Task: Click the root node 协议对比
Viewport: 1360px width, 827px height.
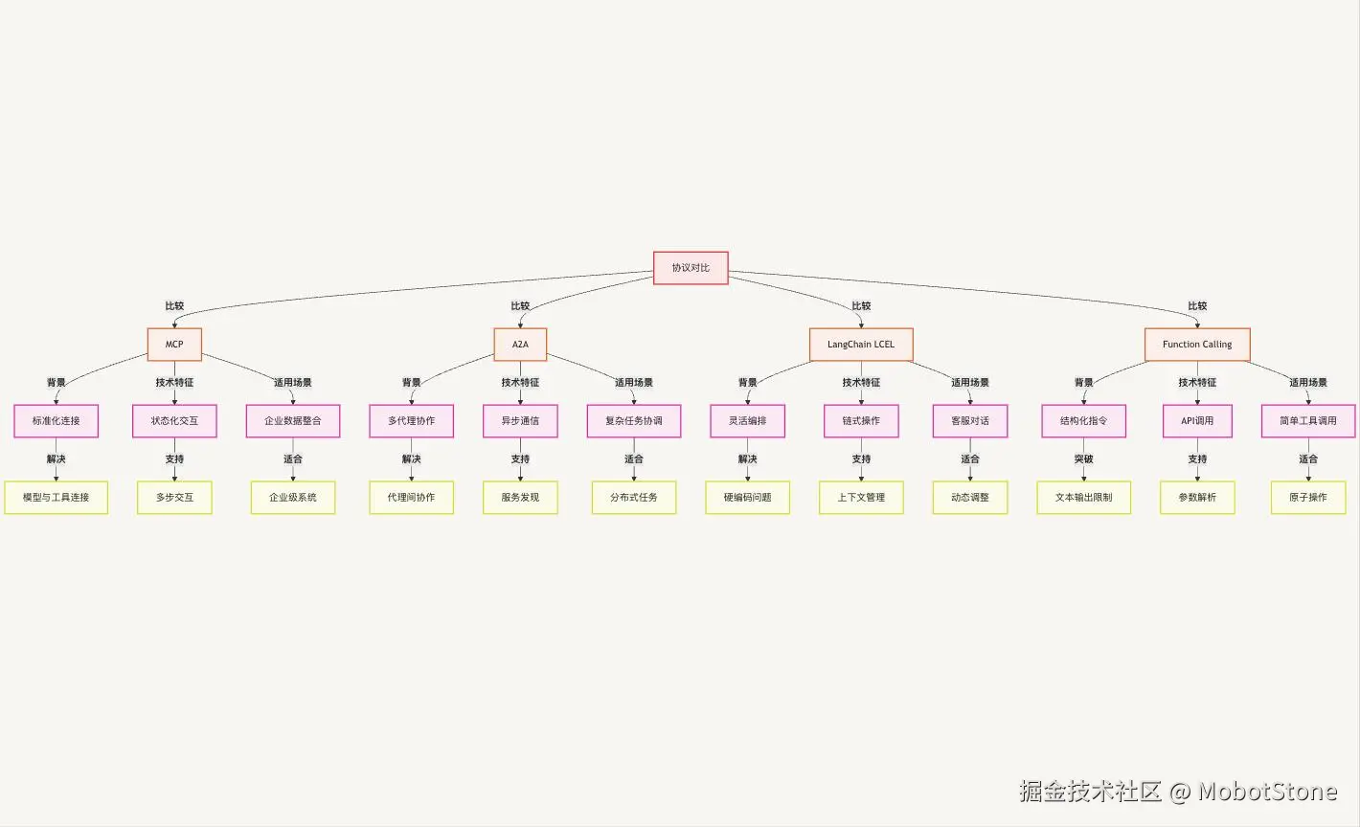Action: pos(691,268)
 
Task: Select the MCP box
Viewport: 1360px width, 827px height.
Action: pos(174,345)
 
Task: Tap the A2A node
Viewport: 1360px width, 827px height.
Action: pos(520,345)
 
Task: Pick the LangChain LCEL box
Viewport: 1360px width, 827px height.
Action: pos(861,345)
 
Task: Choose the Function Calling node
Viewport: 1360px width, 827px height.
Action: pos(1197,345)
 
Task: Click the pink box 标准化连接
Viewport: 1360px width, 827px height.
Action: pos(57,421)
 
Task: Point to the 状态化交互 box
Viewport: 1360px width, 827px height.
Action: pos(174,421)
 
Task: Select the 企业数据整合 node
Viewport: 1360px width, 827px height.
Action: pos(293,421)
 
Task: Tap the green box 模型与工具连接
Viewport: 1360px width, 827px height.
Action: pos(57,498)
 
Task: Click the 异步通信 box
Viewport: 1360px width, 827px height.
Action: pos(520,421)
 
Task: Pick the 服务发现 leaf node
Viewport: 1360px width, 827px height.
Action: pos(520,498)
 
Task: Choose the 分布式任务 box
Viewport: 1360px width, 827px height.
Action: pos(634,498)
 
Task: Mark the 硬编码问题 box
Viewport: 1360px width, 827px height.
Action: pos(748,498)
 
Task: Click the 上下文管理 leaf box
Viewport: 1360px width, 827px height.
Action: pos(861,498)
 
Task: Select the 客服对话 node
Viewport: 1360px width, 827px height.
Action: pos(970,421)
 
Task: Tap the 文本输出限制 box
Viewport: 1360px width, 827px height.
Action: pos(1084,498)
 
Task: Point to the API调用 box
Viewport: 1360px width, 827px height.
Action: pos(1197,421)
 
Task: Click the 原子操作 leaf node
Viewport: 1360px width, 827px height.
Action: pos(1308,498)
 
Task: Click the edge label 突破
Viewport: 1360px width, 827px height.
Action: pos(1084,459)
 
